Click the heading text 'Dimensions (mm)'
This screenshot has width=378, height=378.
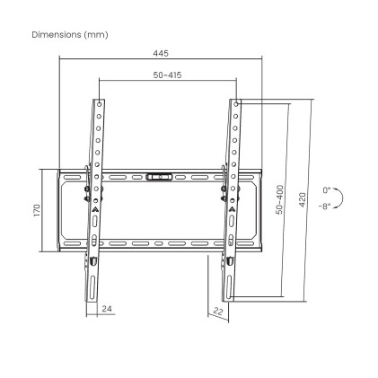[x=69, y=34]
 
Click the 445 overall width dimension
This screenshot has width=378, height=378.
[x=160, y=53]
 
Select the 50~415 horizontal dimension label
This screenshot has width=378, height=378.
[x=166, y=75]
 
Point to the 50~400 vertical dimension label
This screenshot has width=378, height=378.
[x=280, y=199]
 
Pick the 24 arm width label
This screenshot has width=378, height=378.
[x=107, y=309]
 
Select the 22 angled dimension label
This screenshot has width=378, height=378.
[x=217, y=311]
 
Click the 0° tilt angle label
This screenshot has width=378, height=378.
[x=327, y=190]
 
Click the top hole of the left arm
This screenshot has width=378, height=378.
[x=98, y=105]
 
